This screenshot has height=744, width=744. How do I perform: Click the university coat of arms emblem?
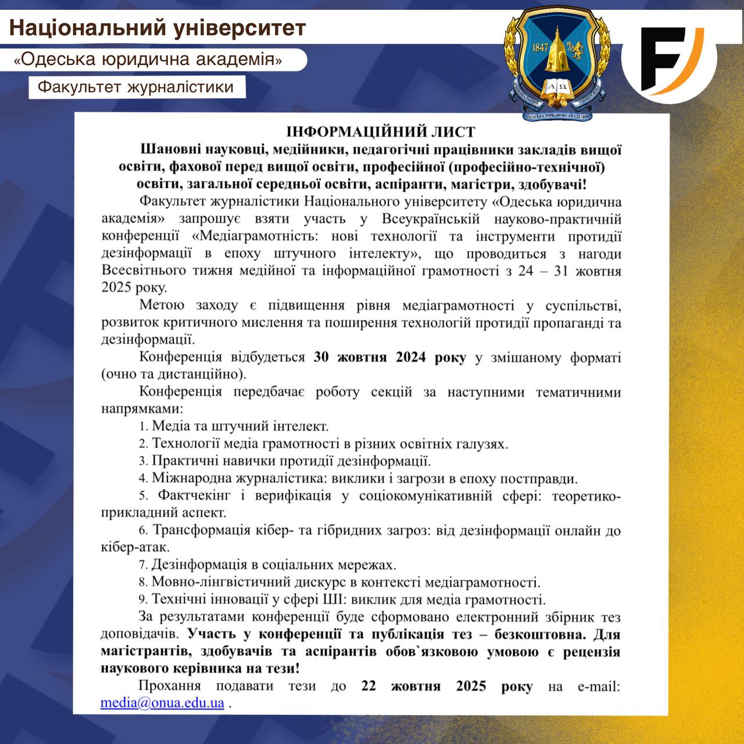coord(557,61)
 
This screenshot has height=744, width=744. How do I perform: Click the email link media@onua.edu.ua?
coord(162,703)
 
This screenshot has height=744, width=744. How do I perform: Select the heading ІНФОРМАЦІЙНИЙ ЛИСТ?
coord(381,132)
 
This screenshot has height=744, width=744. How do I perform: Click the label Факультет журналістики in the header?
coord(135,87)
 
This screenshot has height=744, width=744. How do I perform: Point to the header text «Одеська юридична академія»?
coord(148,59)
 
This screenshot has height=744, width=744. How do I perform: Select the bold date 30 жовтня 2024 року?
coord(389,357)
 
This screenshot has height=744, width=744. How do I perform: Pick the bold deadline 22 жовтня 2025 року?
coord(446,686)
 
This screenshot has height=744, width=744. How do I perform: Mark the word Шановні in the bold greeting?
coord(169,150)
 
